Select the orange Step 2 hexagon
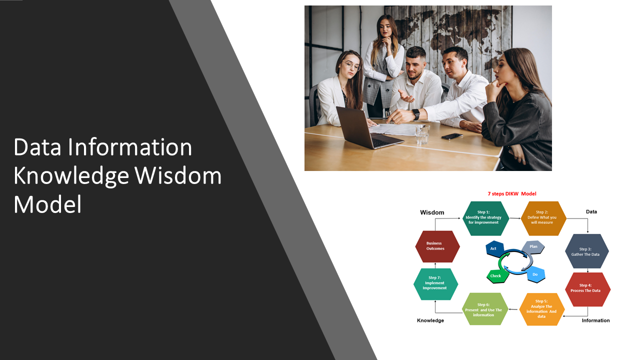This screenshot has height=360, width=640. coord(543,218)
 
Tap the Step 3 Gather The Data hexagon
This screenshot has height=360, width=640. coord(586,251)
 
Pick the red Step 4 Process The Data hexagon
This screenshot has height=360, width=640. coord(587,289)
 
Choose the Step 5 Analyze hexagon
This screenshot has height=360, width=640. coord(542,309)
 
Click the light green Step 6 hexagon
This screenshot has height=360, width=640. coord(484,309)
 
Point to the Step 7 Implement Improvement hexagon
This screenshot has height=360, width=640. coord(435,284)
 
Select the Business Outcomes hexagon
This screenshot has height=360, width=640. coord(437,246)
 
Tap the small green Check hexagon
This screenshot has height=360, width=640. coord(495,275)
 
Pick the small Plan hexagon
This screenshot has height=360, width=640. coord(533,247)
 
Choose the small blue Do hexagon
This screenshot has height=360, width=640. coord(535,274)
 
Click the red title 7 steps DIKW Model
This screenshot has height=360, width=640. coord(511,194)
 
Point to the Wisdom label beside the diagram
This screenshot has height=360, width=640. coord(432,212)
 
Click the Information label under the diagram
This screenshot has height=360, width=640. coord(595,320)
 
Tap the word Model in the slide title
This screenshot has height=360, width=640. coord(47,204)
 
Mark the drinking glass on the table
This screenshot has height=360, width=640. coord(422,133)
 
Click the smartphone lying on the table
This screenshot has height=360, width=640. coord(452,136)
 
